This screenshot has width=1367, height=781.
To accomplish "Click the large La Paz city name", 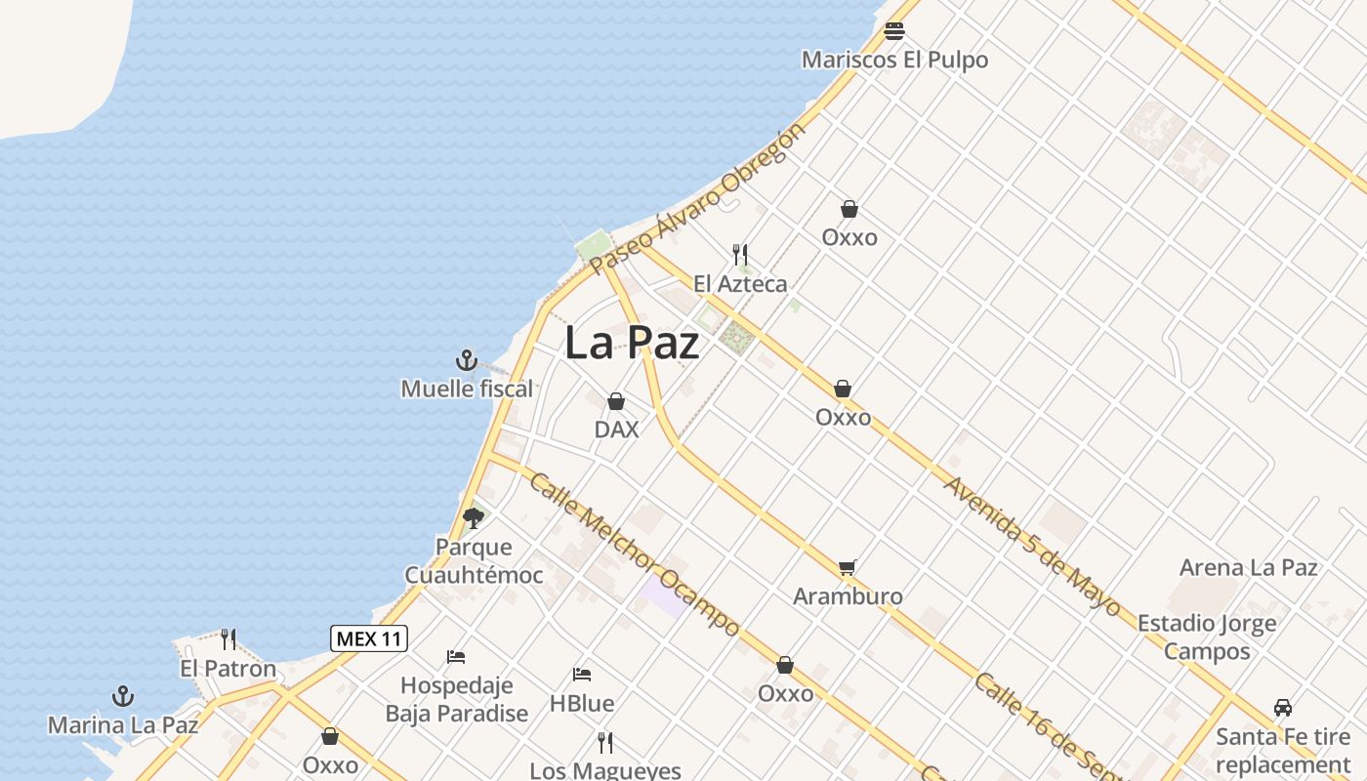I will click(x=632, y=343).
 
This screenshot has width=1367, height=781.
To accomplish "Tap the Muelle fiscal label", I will click(x=467, y=389).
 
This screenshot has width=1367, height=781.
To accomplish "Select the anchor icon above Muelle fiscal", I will click(x=467, y=360).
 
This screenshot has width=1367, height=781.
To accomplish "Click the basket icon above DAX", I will click(x=616, y=401).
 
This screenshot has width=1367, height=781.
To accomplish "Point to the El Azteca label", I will click(x=740, y=284).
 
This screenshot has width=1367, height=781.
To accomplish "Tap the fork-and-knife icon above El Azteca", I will click(x=740, y=255).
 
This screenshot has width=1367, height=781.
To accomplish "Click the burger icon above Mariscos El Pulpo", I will click(x=894, y=31).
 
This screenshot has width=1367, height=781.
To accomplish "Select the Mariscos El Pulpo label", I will click(x=894, y=60).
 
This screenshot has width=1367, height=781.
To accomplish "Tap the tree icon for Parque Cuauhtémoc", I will click(x=474, y=517).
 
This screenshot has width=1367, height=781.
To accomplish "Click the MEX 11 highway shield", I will click(x=369, y=638).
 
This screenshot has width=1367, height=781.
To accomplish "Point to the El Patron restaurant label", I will click(x=228, y=669).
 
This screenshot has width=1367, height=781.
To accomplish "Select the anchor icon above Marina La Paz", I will click(x=123, y=696).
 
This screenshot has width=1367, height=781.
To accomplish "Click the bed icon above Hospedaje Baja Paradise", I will click(x=456, y=656).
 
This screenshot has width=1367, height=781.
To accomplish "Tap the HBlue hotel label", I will click(x=582, y=703).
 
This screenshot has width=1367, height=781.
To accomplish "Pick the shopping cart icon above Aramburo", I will click(x=848, y=567).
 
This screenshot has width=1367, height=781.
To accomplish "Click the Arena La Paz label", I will click(x=1249, y=567).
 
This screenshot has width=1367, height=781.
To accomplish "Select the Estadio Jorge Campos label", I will click(x=1207, y=637).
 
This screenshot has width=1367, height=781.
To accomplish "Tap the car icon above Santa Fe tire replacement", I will click(x=1283, y=708).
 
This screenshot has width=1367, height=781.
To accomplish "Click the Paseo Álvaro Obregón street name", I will click(x=697, y=199).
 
